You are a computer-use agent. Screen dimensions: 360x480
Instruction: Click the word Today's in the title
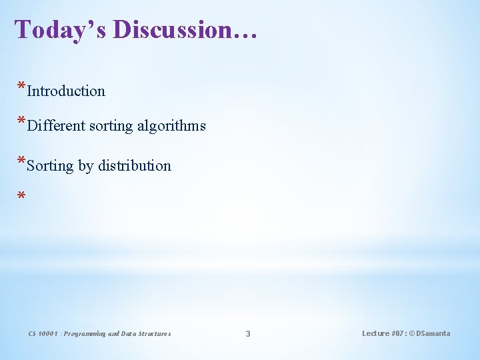click(61, 30)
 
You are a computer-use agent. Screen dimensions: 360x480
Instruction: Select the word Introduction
click(66, 91)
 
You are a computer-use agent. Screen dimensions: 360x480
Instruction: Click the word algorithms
click(173, 125)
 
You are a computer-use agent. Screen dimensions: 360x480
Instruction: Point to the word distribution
click(135, 165)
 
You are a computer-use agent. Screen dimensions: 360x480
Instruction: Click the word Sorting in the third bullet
click(50, 165)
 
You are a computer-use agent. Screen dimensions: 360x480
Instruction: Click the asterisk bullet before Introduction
click(21, 88)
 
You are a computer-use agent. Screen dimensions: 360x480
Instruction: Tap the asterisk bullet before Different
click(21, 122)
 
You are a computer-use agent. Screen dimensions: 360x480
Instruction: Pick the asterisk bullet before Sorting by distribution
click(21, 162)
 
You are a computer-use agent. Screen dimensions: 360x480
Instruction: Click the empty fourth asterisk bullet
click(21, 197)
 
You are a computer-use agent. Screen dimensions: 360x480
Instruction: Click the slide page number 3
click(248, 333)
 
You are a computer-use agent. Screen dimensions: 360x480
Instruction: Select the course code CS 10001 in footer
click(43, 333)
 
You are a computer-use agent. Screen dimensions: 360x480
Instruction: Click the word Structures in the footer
click(154, 333)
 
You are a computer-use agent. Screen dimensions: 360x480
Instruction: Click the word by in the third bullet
click(85, 166)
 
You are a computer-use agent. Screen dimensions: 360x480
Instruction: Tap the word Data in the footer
click(129, 333)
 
